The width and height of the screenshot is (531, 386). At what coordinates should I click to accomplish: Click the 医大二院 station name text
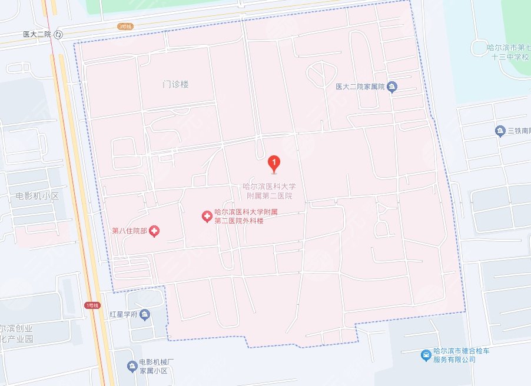[x=36, y=35]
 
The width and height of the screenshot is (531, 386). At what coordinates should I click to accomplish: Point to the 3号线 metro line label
[x=125, y=26]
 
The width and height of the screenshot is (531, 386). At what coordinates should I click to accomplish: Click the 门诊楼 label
[x=175, y=84]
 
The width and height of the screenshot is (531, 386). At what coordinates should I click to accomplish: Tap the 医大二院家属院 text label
[x=360, y=87]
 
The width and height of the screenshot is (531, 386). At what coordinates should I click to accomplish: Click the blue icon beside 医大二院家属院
[x=393, y=87]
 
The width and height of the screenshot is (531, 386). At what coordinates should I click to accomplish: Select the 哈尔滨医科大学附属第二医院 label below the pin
[x=268, y=191]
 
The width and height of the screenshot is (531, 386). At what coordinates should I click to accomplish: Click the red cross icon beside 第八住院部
[x=154, y=231]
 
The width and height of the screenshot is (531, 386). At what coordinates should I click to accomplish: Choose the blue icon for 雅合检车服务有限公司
[x=426, y=355]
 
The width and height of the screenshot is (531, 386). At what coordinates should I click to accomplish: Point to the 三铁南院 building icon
[x=500, y=131]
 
